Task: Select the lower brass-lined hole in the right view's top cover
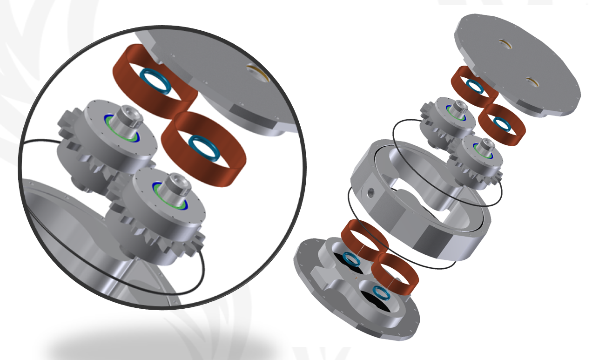(532, 82)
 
